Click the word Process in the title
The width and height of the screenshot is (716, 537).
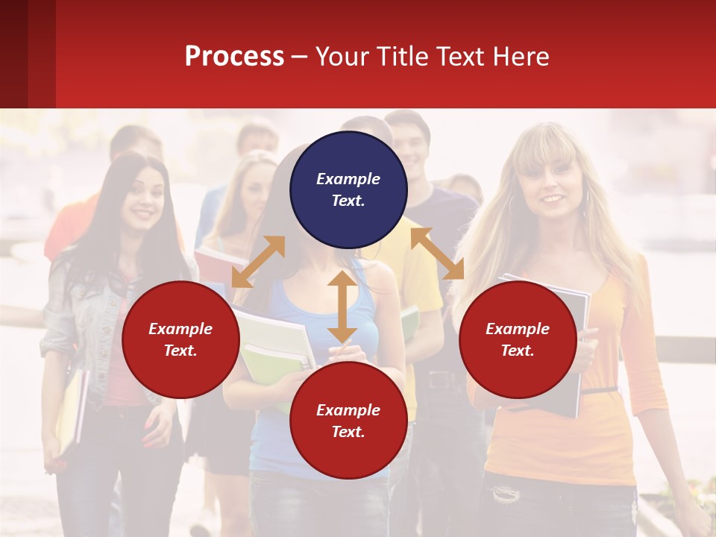234,57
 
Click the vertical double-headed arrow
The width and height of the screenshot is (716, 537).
342,307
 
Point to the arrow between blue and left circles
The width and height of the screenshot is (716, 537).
258,261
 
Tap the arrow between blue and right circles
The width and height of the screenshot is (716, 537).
437,254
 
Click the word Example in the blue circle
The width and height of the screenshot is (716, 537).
348,179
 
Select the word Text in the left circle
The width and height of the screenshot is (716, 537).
180,351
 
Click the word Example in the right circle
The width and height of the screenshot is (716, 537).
518,329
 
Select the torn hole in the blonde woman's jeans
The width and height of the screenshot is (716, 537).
506,492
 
